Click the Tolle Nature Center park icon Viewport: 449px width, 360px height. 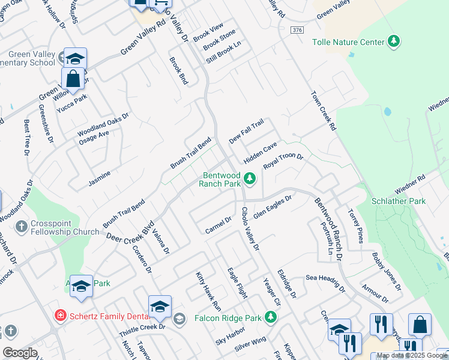click(x=394, y=41)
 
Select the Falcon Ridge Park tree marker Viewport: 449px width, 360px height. click(x=271, y=317)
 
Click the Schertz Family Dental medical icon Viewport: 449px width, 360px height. click(x=60, y=315)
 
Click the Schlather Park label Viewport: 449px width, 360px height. click(x=399, y=201)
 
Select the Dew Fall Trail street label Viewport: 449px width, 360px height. click(x=246, y=132)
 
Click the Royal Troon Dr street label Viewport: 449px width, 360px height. click(x=283, y=162)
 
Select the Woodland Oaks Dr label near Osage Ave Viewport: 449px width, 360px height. click(x=103, y=128)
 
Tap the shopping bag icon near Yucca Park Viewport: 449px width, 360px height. click(x=73, y=79)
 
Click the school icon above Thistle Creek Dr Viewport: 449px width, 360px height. click(x=160, y=307)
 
